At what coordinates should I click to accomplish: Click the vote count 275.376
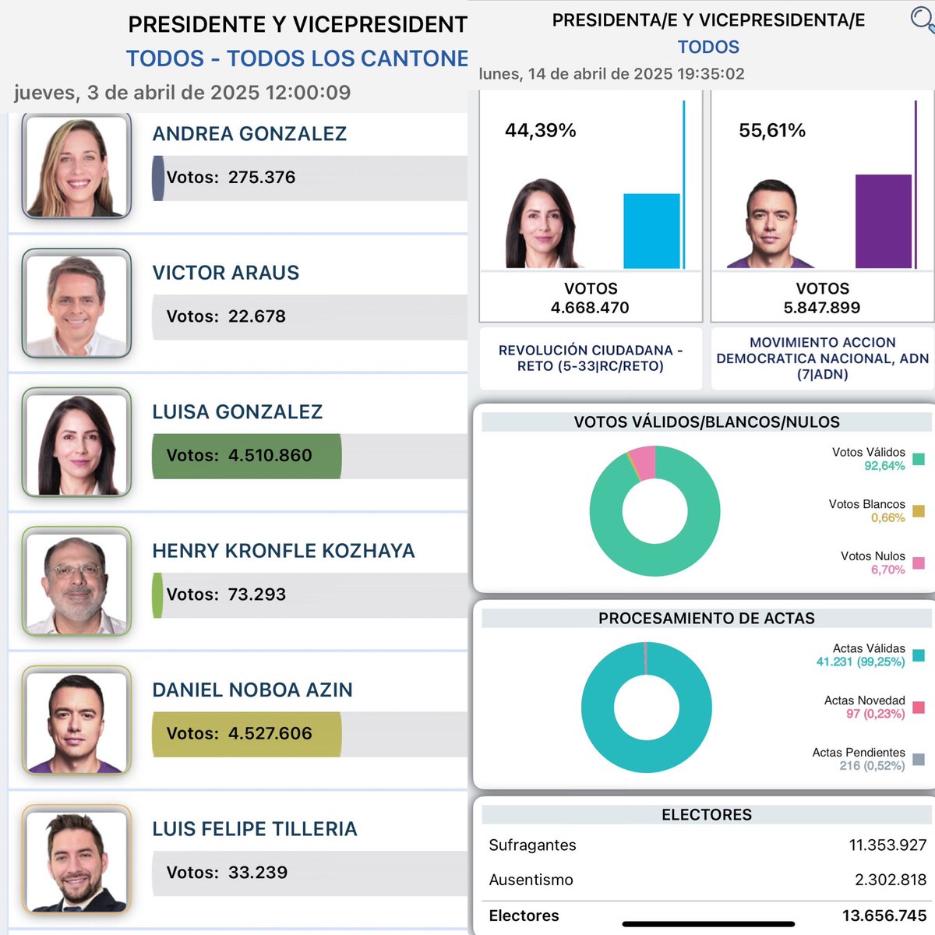pyautogui.click(x=262, y=177)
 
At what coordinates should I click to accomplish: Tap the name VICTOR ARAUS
pyautogui.click(x=226, y=273)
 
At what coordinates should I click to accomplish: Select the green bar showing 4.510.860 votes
pyautogui.click(x=246, y=456)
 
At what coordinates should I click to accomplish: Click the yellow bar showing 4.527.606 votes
pyautogui.click(x=246, y=734)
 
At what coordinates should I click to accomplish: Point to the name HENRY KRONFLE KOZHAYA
pyautogui.click(x=284, y=551)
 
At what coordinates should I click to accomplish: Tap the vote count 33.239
pyautogui.click(x=258, y=873)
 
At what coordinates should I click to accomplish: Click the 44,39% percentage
pyautogui.click(x=541, y=130)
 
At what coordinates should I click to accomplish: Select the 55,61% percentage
pyautogui.click(x=772, y=130)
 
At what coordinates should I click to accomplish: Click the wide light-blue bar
pyautogui.click(x=651, y=231)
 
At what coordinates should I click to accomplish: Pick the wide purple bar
pyautogui.click(x=883, y=221)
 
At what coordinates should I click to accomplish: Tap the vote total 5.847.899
pyautogui.click(x=822, y=308)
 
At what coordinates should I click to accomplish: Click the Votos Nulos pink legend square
pyautogui.click(x=918, y=563)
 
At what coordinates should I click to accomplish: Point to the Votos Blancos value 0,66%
pyautogui.click(x=888, y=517)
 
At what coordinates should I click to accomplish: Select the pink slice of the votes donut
pyautogui.click(x=644, y=462)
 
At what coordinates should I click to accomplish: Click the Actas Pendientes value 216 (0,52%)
pyautogui.click(x=872, y=766)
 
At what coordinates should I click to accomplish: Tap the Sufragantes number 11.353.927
pyautogui.click(x=887, y=845)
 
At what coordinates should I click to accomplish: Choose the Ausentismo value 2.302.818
pyautogui.click(x=891, y=880)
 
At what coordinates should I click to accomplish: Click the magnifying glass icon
pyautogui.click(x=922, y=19)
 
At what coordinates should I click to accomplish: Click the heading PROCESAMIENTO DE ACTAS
pyautogui.click(x=707, y=618)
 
